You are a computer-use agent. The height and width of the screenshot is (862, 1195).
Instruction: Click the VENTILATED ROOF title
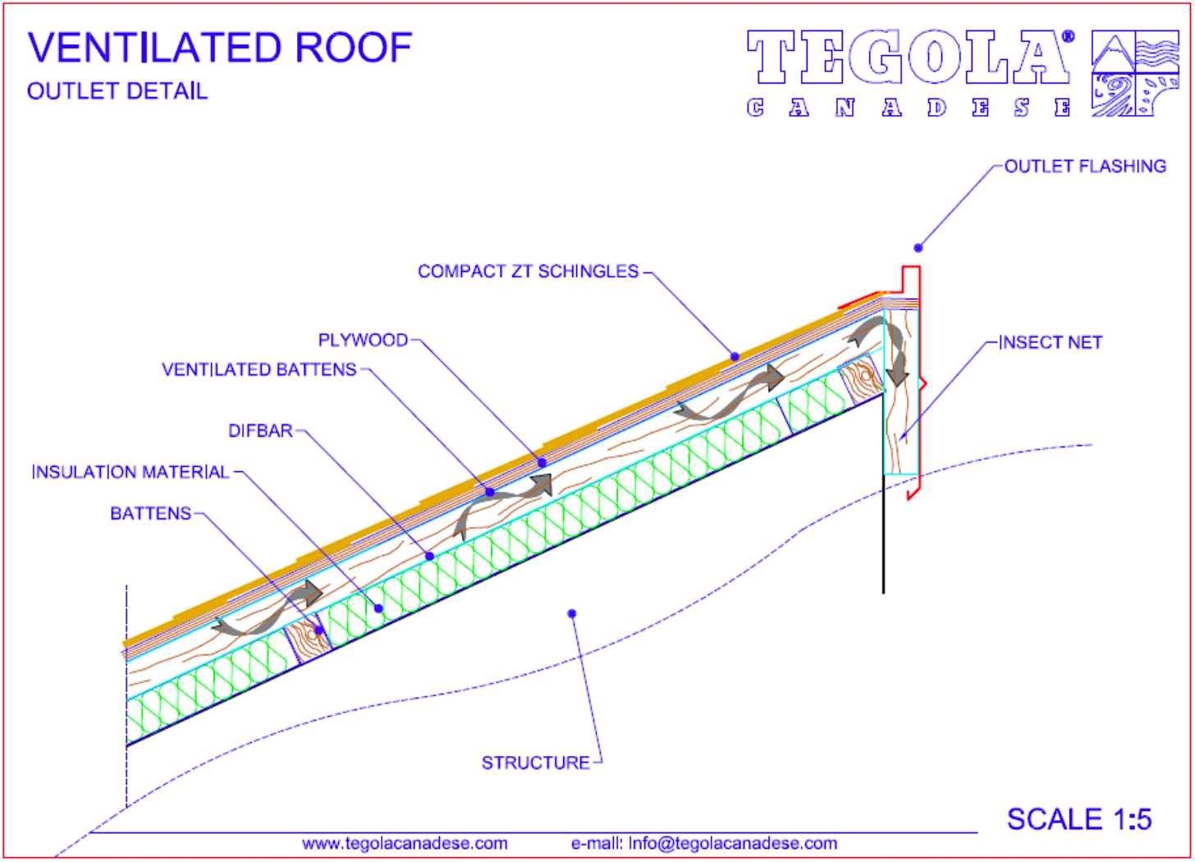[x=220, y=48]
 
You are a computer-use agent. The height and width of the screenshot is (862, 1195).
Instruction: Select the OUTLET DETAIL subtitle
[x=117, y=91]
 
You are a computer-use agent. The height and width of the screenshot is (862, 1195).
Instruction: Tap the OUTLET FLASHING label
[x=1085, y=167]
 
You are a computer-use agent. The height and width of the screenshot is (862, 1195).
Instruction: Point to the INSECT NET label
[x=1051, y=342]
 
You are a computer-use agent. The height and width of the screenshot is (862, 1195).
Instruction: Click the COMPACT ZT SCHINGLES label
[x=529, y=271]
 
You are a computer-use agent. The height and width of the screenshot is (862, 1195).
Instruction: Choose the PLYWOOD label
[x=364, y=340]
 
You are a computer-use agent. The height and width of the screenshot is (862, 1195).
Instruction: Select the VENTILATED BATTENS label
[x=259, y=369]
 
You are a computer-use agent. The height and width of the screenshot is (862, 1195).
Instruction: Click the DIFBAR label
[x=261, y=431]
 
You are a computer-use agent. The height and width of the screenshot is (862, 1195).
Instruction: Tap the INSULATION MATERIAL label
[x=130, y=472]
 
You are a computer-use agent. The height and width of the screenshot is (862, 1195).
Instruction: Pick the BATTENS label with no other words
[x=150, y=513]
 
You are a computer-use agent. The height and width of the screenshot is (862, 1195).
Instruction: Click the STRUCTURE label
[x=536, y=763]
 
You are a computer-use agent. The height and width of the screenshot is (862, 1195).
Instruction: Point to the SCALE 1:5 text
[x=1079, y=819]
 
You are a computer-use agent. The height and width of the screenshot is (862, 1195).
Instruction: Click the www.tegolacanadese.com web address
[x=405, y=844]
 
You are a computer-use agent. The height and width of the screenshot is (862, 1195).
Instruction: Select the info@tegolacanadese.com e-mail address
[x=733, y=844]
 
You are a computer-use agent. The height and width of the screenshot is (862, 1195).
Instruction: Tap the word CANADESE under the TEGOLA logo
[x=909, y=108]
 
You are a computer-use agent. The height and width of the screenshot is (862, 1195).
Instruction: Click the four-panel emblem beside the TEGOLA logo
[x=1135, y=73]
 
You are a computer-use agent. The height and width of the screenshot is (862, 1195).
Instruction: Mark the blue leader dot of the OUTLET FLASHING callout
[x=918, y=248]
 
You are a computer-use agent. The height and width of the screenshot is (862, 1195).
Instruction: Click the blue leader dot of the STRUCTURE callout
[x=572, y=614]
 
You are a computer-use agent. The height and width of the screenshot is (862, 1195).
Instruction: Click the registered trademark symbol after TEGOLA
[x=1068, y=37]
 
